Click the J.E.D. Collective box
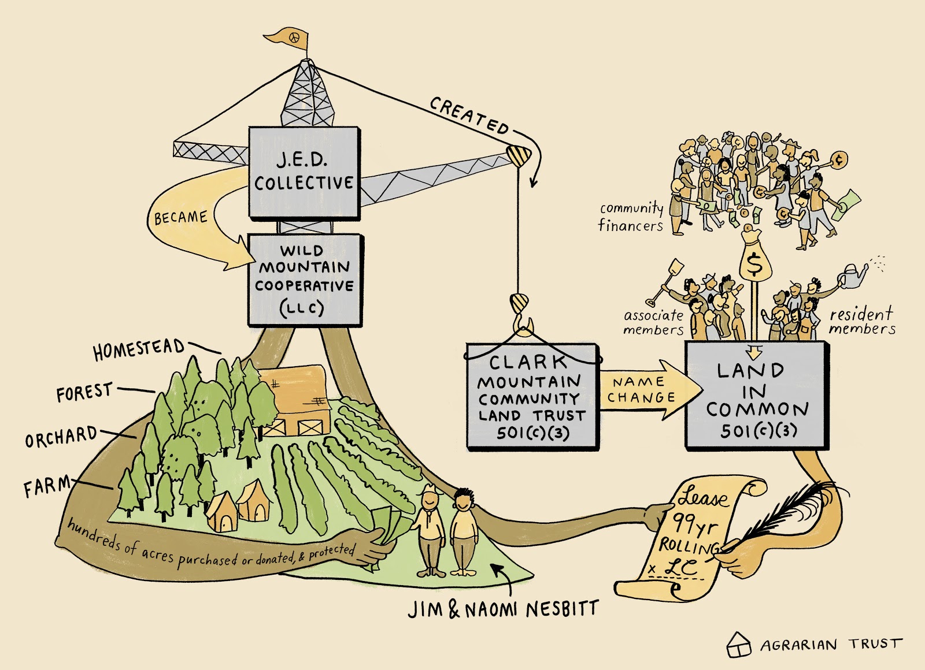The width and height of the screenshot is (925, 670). tap(304, 172)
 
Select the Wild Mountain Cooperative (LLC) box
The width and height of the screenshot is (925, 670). tap(305, 280)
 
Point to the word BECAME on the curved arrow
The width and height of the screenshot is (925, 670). tap(180, 218)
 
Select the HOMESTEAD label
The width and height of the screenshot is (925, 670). tap(139, 349)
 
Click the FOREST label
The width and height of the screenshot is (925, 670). tap(84, 393)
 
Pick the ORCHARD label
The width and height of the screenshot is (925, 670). tap(61, 437)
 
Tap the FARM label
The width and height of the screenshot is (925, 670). tap(46, 486)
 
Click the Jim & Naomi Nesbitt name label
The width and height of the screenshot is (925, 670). tap(503, 609)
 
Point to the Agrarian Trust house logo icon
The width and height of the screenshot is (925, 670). tap(738, 644)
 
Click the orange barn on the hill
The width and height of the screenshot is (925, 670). tap(295, 399)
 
